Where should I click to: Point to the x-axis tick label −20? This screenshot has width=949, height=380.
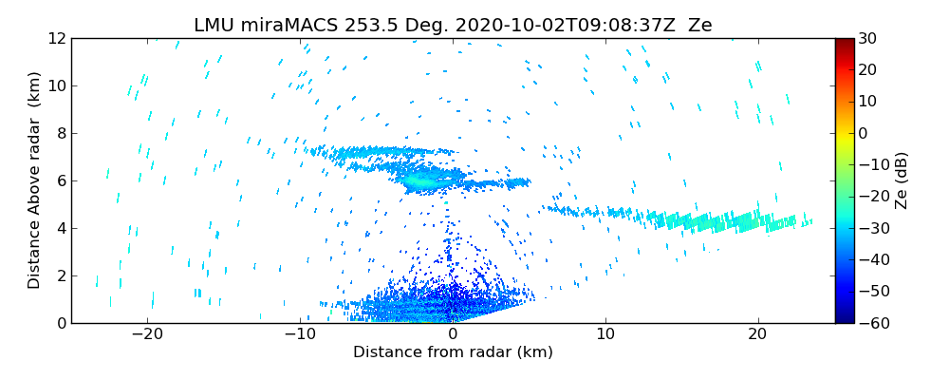point(148,335)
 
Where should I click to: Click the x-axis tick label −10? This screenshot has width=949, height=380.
point(300,335)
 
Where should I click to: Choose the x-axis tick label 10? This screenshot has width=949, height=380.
point(605,335)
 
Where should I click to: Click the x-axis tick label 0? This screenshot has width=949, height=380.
point(453,335)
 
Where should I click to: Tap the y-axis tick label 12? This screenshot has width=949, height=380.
point(56,38)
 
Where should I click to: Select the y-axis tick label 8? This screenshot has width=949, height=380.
point(60,133)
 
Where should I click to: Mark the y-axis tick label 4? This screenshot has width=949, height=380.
point(60,228)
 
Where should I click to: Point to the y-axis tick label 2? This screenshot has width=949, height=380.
point(60,275)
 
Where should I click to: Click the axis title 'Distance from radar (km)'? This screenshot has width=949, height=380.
point(453,352)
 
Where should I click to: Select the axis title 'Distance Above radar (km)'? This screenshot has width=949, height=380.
point(35,180)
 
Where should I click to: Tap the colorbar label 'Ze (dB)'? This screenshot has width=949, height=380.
point(902,180)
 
